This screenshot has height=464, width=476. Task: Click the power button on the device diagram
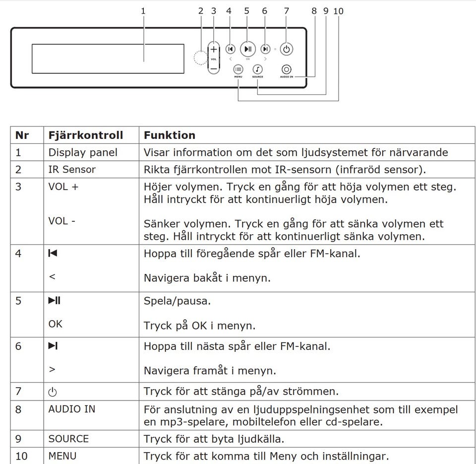[287, 49]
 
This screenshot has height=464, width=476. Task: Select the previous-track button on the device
[230, 49]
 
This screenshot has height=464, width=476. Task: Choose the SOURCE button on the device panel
[257, 70]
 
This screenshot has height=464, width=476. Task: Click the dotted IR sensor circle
[200, 58]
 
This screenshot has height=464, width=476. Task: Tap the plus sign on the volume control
[213, 50]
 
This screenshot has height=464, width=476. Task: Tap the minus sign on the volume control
[213, 68]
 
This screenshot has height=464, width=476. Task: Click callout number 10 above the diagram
[339, 10]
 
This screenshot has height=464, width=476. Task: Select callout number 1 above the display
[144, 10]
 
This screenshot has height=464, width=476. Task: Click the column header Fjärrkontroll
[85, 135]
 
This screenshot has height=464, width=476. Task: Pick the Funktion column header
[170, 135]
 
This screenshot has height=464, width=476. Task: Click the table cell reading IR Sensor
[72, 169]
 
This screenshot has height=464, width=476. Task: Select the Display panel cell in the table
[83, 152]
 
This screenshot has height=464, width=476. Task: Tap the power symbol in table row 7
[53, 392]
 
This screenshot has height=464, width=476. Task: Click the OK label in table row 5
[56, 324]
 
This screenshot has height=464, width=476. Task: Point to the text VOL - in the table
[62, 221]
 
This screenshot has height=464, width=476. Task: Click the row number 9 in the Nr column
[18, 439]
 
